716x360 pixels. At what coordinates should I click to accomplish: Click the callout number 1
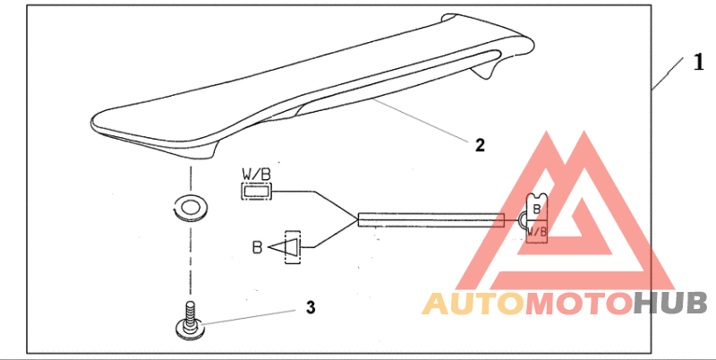pos(697,63)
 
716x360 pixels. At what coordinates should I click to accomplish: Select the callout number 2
pos(480,145)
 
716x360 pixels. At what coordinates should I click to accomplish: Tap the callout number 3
pos(310,307)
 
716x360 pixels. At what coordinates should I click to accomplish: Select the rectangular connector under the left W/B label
pos(256,190)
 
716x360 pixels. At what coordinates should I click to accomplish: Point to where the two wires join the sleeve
pos(357,219)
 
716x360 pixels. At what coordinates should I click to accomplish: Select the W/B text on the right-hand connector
pos(537,231)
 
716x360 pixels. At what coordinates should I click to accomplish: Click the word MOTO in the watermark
pos(577,304)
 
